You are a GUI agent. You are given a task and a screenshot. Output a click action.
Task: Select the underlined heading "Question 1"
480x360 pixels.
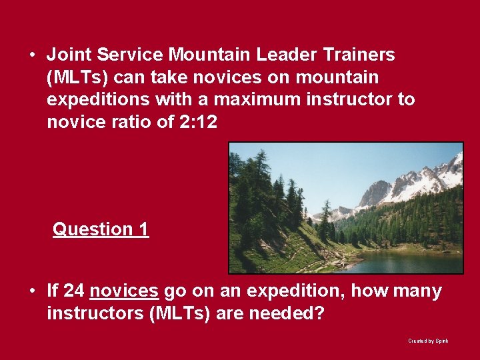point(101,229)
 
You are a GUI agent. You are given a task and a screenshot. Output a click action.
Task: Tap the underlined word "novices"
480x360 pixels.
point(123,291)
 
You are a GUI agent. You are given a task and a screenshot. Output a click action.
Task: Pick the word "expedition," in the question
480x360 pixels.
point(295,291)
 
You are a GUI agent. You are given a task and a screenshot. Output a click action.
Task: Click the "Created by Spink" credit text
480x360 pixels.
point(428,341)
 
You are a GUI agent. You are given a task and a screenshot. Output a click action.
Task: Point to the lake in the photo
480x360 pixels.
point(400,262)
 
